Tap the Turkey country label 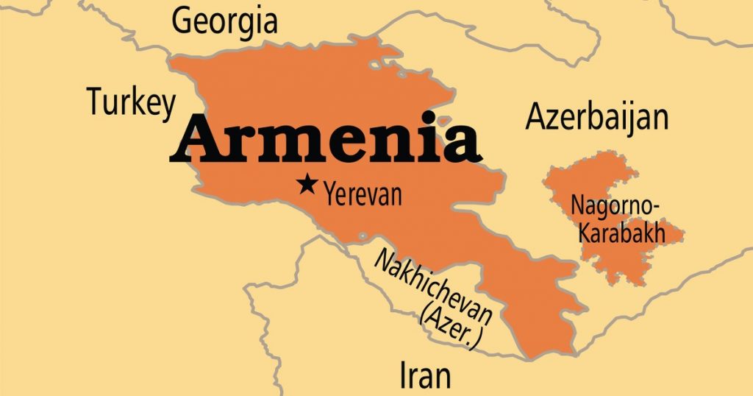tap(132, 103)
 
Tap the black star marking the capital tap(306, 184)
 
